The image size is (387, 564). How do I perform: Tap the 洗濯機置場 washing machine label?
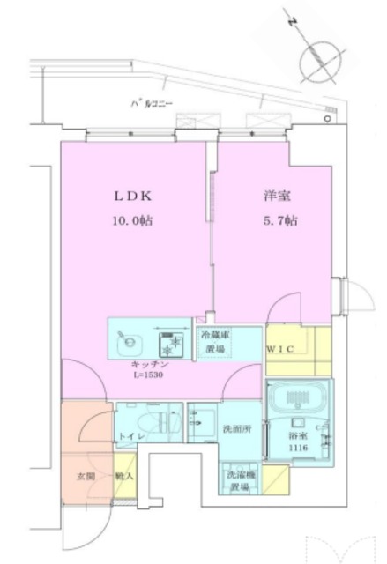click(x=240, y=481)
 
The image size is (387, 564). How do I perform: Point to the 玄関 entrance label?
click(x=84, y=477)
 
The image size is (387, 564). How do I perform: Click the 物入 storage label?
click(x=124, y=477)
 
